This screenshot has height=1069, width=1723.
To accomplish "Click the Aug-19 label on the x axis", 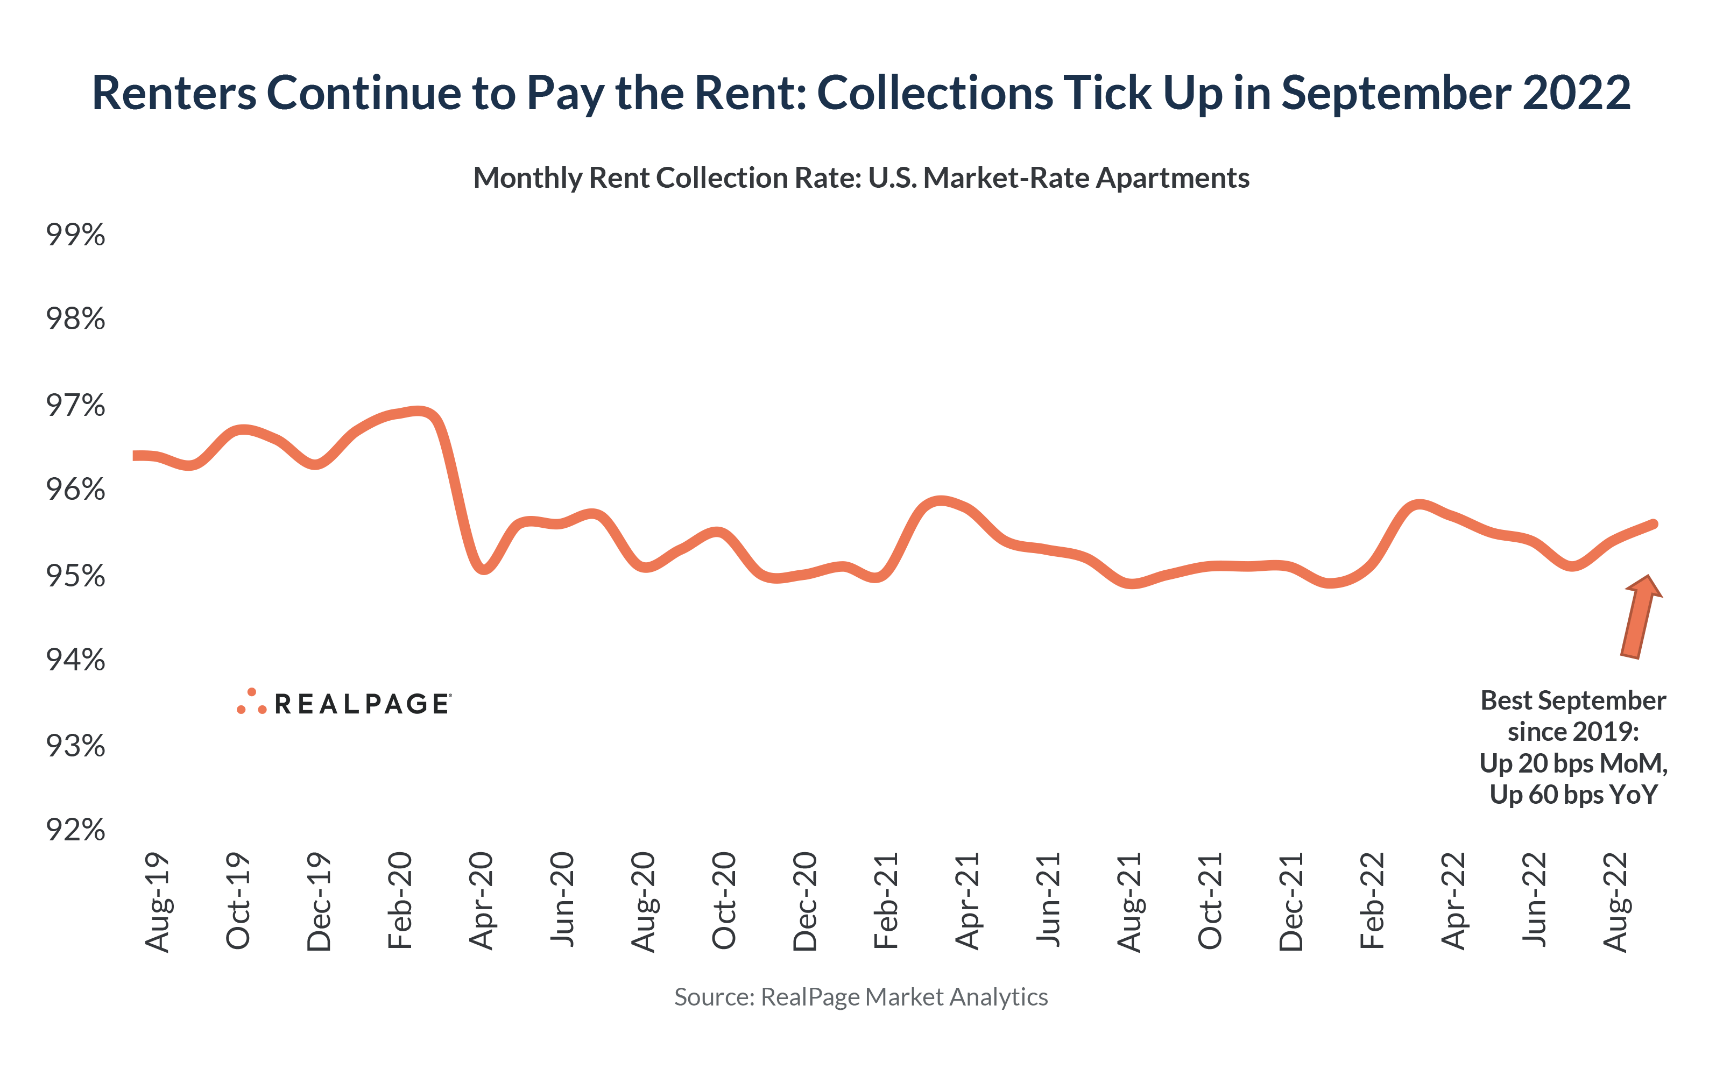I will (158, 902).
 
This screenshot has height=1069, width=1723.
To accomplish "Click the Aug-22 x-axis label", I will (1615, 902).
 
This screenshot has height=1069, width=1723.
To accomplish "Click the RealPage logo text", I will (362, 704).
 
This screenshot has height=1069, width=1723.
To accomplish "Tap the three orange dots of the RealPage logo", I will (252, 702).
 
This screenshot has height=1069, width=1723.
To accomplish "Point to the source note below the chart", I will (860, 997).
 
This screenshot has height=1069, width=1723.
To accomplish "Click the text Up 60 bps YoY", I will (1573, 795).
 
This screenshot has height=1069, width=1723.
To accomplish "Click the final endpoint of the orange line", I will (1654, 524).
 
